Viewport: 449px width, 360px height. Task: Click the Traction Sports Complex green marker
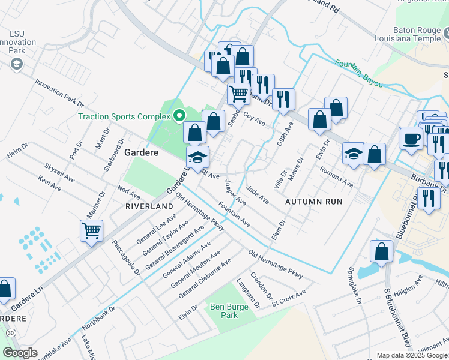pos(179,116)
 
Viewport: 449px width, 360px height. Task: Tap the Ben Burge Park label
pos(224,310)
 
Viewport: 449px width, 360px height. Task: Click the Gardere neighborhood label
pos(141,152)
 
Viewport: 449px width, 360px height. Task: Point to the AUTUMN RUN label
pos(313,202)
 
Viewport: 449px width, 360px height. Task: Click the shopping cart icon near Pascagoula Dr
pos(91,230)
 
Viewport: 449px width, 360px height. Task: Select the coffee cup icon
pos(412,138)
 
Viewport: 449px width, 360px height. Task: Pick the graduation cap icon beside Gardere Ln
pos(197,157)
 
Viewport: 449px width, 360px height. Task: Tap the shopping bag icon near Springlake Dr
pos(381,251)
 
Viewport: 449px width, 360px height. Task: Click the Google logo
pos(20,353)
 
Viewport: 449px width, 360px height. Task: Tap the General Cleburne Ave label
pos(205,279)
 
